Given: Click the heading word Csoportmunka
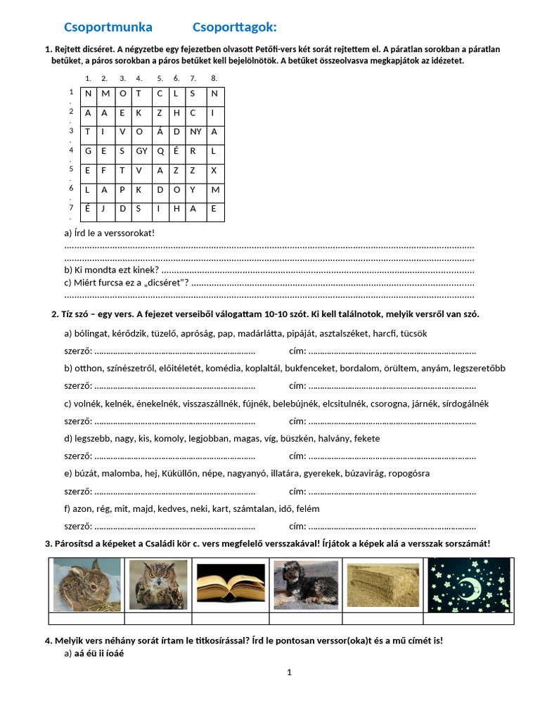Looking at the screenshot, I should tap(108, 27).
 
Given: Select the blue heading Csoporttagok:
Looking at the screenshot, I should tap(235, 27).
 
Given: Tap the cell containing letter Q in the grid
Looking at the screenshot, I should tap(160, 150).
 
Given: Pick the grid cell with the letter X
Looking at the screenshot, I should tap(214, 170).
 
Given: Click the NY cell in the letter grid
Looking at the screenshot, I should tap(196, 131).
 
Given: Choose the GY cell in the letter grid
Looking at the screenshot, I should tap(141, 150).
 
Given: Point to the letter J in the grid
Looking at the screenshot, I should tap(104, 208).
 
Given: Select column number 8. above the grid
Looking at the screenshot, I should tap(214, 78).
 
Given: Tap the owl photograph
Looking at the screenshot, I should tap(158, 585).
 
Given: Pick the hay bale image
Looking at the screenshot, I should tap(382, 585).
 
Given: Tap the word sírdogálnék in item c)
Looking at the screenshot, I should tap(464, 404).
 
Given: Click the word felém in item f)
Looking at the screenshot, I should tap(307, 508).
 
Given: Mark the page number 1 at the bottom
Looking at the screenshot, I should tap(289, 672).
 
